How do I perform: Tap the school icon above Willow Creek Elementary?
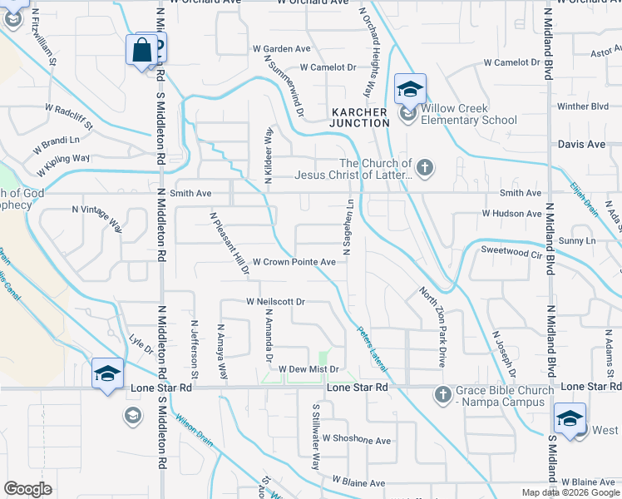coord(410,89)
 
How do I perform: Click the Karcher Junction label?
coord(359,117)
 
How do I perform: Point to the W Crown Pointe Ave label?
coord(294,261)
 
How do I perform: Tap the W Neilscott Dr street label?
coord(276,302)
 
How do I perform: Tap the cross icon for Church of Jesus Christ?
coord(425,168)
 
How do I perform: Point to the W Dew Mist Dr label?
coord(309,368)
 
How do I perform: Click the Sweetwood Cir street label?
coord(511,249)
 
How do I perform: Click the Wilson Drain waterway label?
coord(193,430)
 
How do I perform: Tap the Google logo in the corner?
coord(28,489)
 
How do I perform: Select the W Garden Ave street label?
coord(286,49)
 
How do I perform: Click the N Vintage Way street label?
coord(98,219)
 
